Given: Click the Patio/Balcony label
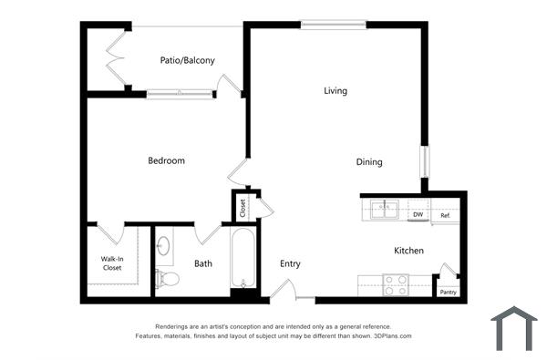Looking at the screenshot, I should [x=187, y=61].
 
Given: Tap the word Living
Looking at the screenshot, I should [x=335, y=90].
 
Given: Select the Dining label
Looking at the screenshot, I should [x=369, y=162].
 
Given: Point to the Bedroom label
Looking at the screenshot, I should [x=166, y=160].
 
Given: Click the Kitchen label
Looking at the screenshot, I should [x=408, y=251].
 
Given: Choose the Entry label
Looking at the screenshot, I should [x=290, y=264].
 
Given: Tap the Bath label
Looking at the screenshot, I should [x=203, y=264].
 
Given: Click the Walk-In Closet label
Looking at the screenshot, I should [x=111, y=263].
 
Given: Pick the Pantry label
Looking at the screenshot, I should [x=448, y=293].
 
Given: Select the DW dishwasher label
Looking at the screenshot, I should [x=418, y=215].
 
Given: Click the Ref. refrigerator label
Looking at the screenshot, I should [x=447, y=215].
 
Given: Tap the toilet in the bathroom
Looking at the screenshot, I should [x=165, y=278].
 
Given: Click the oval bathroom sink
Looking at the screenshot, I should [x=165, y=245].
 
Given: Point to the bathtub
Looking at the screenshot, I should [x=243, y=259].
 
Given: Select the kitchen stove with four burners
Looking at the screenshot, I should [x=396, y=284].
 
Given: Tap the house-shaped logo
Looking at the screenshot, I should [x=513, y=329].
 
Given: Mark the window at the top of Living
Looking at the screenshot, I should [x=333, y=26].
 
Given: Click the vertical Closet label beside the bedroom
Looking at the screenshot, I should [x=243, y=207].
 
